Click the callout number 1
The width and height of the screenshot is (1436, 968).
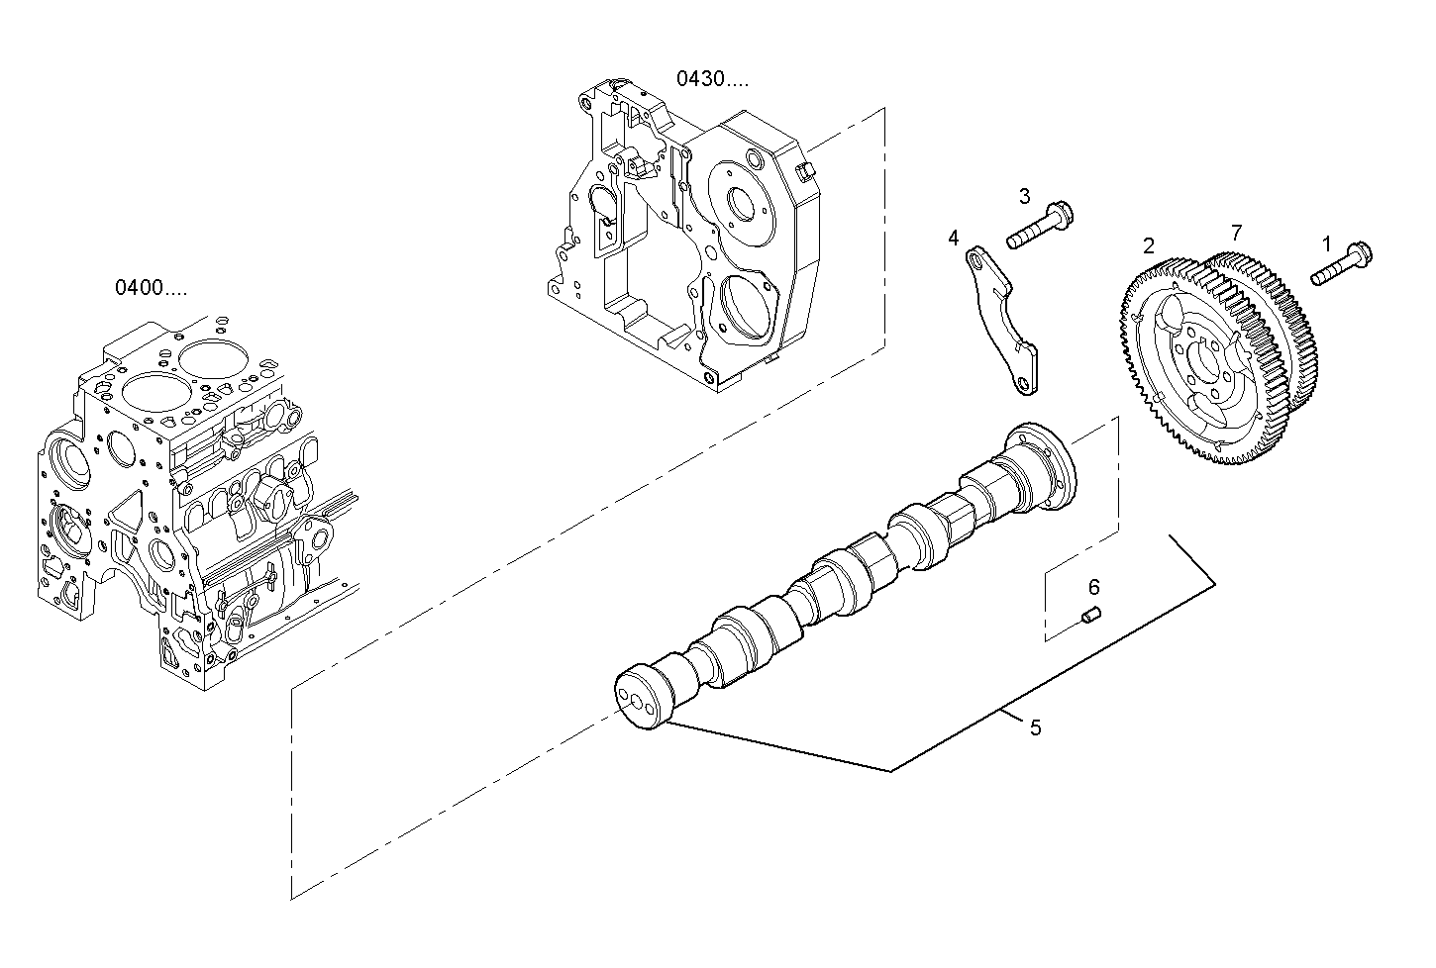coord(1326,242)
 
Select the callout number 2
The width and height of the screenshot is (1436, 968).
coord(1148,245)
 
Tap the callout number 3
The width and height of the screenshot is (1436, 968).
coord(1024,196)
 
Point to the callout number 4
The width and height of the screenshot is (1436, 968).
coord(953,238)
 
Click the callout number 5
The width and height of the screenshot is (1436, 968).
coord(1035,727)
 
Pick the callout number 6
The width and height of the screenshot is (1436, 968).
coord(1093,588)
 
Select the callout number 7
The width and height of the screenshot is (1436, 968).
coord(1235,233)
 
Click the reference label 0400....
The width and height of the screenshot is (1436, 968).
coord(150,288)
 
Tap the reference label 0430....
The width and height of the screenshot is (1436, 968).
coord(712,78)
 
